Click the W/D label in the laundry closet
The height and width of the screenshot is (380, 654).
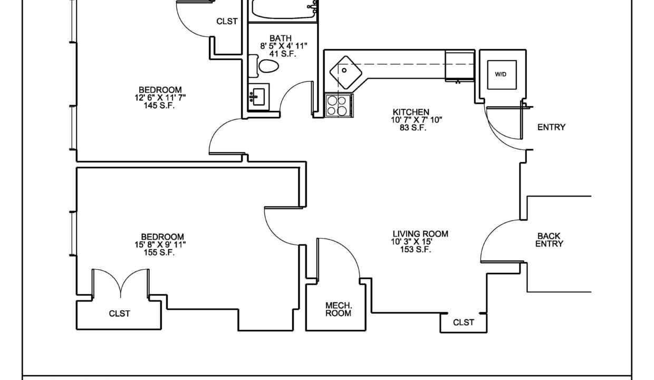point(501,74)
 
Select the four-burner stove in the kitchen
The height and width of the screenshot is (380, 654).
point(339,106)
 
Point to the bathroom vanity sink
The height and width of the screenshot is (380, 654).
point(258,97)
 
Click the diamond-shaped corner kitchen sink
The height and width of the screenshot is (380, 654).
point(345,72)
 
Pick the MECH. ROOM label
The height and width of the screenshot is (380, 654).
point(339,310)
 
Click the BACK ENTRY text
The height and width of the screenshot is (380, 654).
point(549,240)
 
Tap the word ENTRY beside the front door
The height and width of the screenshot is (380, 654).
point(551,127)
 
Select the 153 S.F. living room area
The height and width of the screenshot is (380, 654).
point(415,250)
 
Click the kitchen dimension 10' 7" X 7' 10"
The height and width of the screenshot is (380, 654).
point(416,120)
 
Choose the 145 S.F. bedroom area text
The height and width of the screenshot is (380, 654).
point(159,106)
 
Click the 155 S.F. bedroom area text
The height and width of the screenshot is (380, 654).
point(159,252)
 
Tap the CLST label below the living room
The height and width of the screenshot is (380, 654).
point(464,322)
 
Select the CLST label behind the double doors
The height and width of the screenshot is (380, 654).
point(119,313)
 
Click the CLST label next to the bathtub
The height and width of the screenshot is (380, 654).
point(227,21)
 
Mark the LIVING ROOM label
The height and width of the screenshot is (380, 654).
point(420,234)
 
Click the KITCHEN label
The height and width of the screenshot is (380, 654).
point(411,112)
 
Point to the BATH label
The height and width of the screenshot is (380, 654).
point(280,38)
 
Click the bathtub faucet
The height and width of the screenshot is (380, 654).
point(313,6)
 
